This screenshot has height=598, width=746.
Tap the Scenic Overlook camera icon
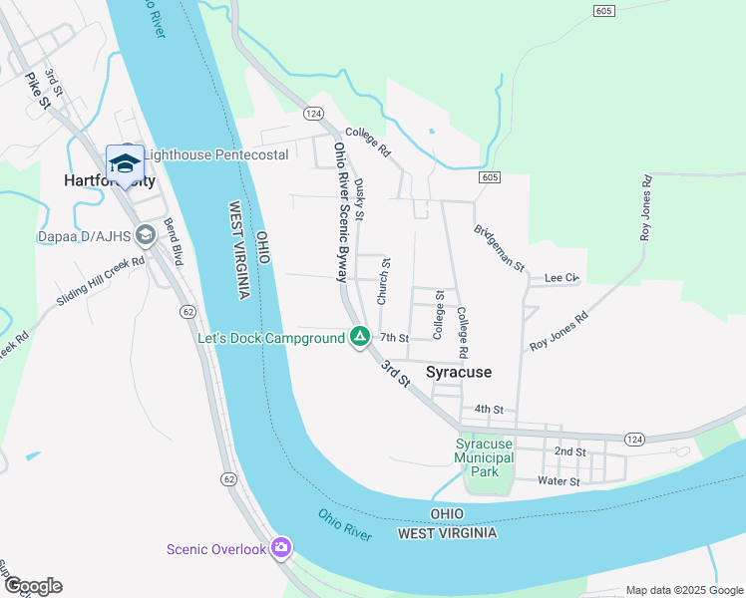coord(281,547)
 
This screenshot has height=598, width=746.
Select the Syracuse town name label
coord(459,372)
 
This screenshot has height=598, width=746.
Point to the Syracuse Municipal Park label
coord(484,457)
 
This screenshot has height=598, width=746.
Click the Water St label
coord(559,481)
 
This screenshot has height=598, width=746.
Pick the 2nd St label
coord(569,451)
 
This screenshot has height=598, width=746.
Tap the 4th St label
coord(489,409)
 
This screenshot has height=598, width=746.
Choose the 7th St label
coord(395,339)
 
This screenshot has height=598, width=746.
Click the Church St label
coord(384,281)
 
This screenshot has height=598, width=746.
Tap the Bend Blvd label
coord(174,241)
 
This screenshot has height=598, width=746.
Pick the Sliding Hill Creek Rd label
coord(101,281)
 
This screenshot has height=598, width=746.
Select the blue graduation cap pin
coord(126,164)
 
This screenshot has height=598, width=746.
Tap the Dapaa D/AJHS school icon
coord(146,235)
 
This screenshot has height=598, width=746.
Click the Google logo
coord(32,586)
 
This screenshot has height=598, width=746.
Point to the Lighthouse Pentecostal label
coord(215,154)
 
